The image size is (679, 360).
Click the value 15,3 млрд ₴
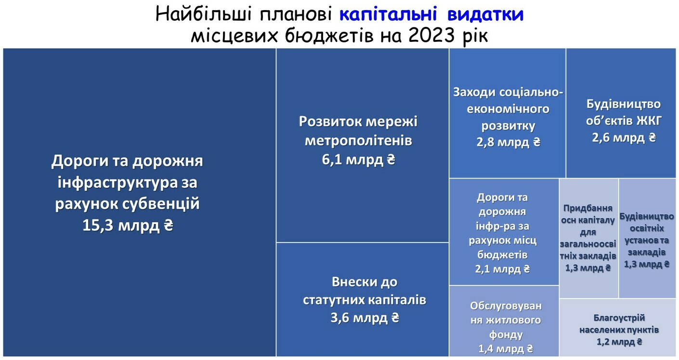(128, 225)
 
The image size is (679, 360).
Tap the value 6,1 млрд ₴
(358, 160)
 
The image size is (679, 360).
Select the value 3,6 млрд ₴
(365, 318)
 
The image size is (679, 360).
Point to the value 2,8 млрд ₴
(508, 142)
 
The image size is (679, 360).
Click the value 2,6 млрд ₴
(624, 138)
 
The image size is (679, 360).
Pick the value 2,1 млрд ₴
(502, 269)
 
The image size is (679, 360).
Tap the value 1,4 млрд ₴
(506, 349)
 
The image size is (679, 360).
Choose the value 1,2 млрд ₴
(619, 342)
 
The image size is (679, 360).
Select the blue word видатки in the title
(485, 14)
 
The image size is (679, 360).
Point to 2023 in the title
(431, 36)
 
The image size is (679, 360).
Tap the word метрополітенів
(358, 141)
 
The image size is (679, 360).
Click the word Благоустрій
(619, 318)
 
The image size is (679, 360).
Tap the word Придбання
(588, 208)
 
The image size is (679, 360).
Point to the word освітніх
(647, 228)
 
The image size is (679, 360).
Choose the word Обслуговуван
(506, 306)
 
